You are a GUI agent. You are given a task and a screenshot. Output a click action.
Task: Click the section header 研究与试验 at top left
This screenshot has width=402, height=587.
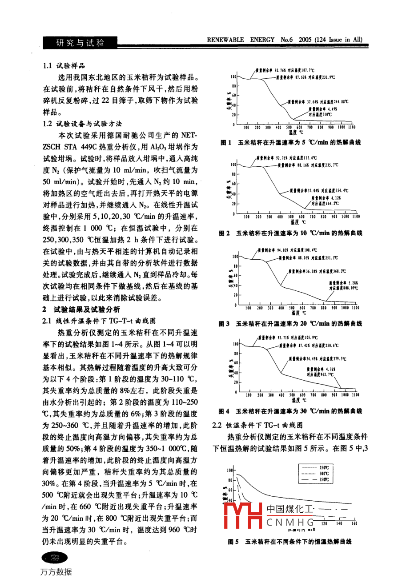(80, 43)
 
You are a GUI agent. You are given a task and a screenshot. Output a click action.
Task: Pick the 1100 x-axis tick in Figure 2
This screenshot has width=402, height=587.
(356, 217)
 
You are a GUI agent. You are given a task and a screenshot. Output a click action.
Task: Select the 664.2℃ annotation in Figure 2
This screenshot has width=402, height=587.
(325, 203)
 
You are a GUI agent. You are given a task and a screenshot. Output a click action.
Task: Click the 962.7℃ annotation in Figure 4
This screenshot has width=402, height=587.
(320, 375)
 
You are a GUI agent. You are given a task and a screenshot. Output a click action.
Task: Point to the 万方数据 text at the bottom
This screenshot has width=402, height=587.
(56, 572)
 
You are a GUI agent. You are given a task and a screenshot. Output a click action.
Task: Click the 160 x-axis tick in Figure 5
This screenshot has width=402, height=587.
(354, 524)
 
